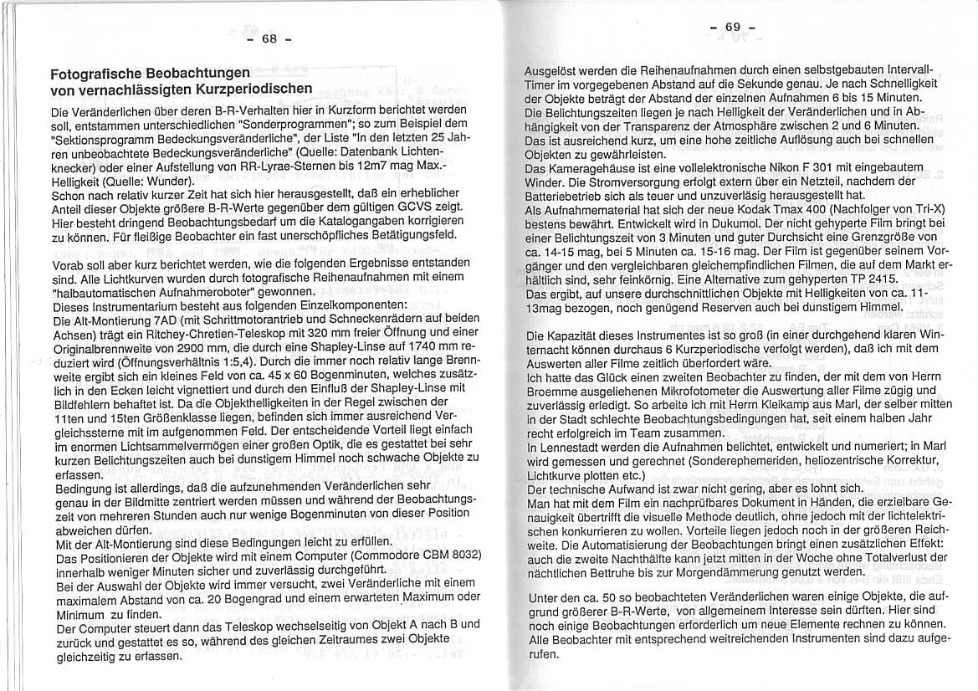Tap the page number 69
[x=733, y=27]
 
